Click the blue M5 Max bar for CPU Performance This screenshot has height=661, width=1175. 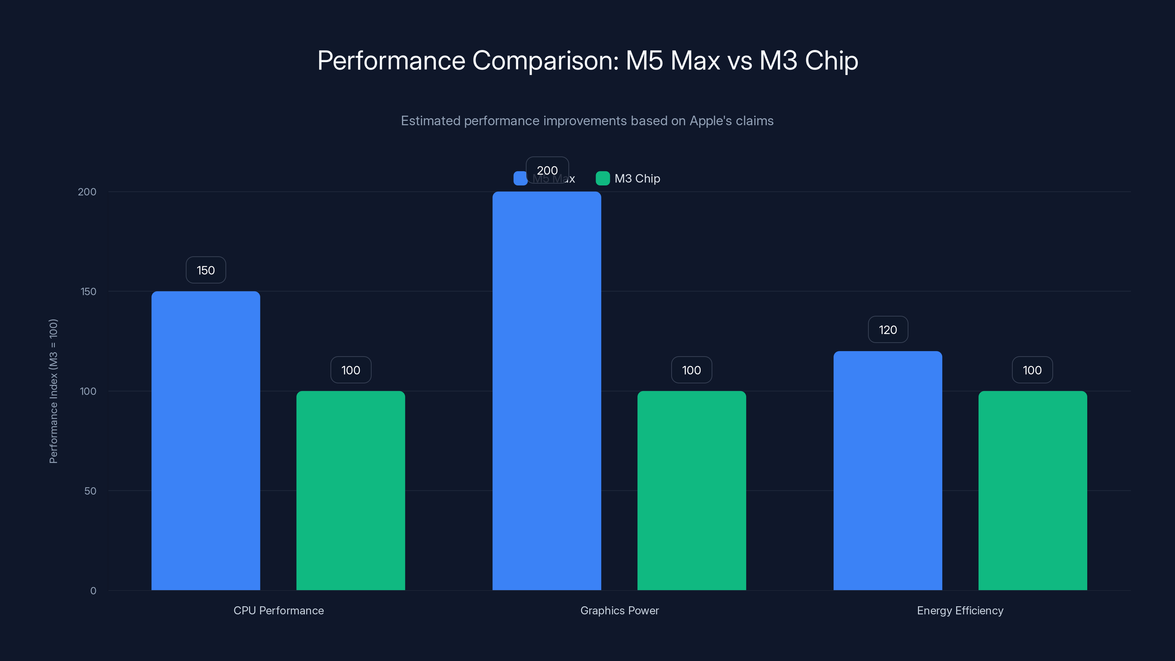[206, 440]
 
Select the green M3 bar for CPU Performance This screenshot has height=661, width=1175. [350, 490]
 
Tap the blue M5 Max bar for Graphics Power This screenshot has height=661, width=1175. [546, 390]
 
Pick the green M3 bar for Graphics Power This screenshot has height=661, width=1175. [691, 490]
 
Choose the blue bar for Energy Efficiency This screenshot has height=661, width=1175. [887, 470]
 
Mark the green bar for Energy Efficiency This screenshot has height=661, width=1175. [1032, 490]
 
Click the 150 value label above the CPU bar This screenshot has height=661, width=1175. [206, 270]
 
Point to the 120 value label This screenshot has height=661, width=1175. [887, 329]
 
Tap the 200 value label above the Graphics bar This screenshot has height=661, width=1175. [547, 170]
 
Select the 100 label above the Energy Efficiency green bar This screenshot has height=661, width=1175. [1032, 370]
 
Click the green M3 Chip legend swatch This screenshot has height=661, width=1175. [603, 178]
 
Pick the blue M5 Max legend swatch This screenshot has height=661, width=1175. [520, 178]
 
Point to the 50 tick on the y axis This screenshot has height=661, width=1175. [90, 491]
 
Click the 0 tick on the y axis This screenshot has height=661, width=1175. [93, 591]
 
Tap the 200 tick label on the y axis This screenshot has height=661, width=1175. [87, 192]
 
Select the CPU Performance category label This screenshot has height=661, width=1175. [279, 610]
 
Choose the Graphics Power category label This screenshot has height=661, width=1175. [619, 610]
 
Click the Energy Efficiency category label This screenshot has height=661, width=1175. [960, 610]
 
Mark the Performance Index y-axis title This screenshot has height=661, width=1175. [53, 391]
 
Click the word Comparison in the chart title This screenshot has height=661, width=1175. [545, 60]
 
